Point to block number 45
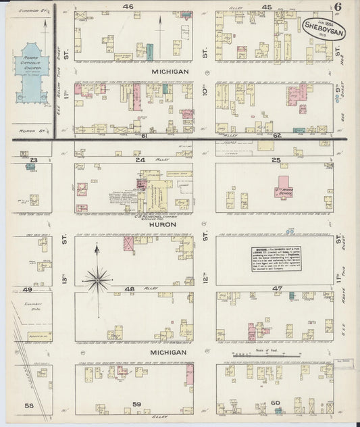(266, 6)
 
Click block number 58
(28, 405)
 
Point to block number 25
(275, 160)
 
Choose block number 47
(275, 288)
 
